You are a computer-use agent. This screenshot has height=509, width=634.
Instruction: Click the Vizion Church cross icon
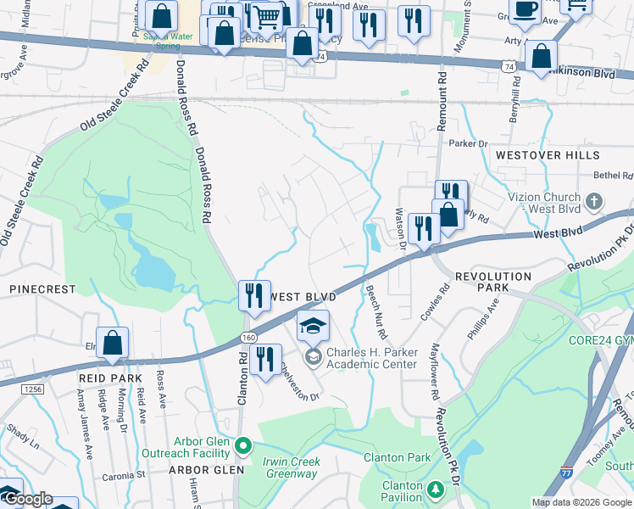click(594, 201)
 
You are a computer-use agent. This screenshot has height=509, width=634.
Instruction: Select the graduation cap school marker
click(313, 325)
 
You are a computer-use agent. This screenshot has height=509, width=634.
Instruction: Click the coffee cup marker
click(526, 10)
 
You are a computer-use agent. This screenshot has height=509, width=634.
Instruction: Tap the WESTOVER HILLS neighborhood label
click(548, 155)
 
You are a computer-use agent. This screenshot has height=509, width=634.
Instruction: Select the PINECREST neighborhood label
click(42, 289)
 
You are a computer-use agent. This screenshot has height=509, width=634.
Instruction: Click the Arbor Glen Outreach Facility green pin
click(243, 445)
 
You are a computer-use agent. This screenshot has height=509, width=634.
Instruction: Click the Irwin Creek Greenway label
click(292, 468)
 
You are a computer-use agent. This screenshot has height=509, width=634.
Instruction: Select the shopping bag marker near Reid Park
click(112, 344)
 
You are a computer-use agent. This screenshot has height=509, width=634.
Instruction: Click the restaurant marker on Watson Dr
click(421, 228)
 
